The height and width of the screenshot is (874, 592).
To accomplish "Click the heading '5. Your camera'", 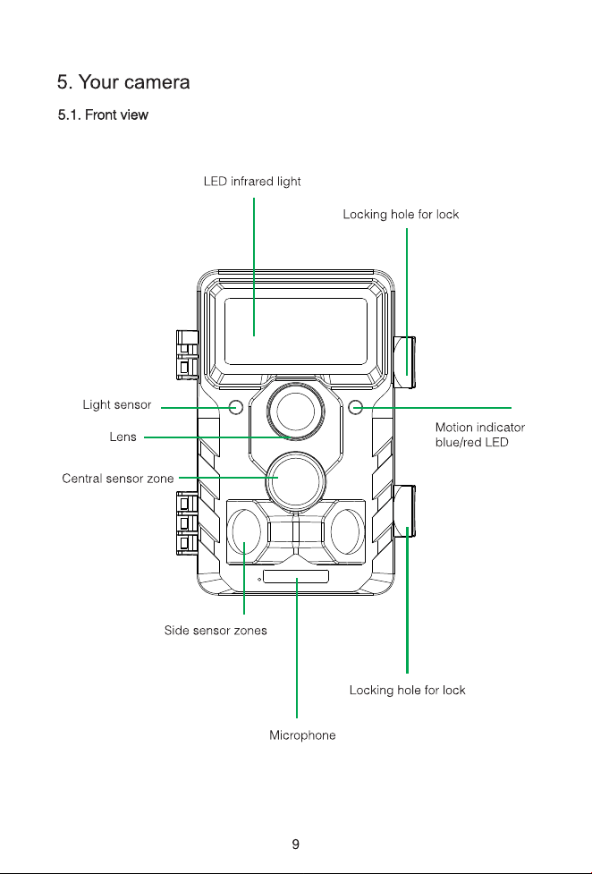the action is point(123,82).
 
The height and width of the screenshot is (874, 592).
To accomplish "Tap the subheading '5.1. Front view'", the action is point(103,115).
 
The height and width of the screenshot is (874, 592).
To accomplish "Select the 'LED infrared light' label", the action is point(252,182).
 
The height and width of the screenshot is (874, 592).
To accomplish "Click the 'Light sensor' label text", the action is point(117,404).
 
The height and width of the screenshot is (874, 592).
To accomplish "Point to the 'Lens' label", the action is point(123,437).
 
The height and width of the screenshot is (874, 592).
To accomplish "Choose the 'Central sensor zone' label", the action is point(118,479).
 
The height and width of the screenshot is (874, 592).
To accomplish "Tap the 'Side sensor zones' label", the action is point(216,631).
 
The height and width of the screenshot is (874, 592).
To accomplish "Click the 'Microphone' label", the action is point(302,735).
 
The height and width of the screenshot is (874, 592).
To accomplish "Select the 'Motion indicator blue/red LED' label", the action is point(480,435).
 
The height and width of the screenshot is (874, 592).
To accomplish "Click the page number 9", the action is point(295,844).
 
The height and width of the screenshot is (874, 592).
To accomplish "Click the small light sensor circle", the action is point(236,407).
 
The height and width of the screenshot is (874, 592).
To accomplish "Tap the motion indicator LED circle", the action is point(355,407).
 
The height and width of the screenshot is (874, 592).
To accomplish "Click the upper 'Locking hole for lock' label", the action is point(401,215).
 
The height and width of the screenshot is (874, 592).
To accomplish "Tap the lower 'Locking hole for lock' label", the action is point(408,690).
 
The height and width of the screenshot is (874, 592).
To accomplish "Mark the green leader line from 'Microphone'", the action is point(297,649).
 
